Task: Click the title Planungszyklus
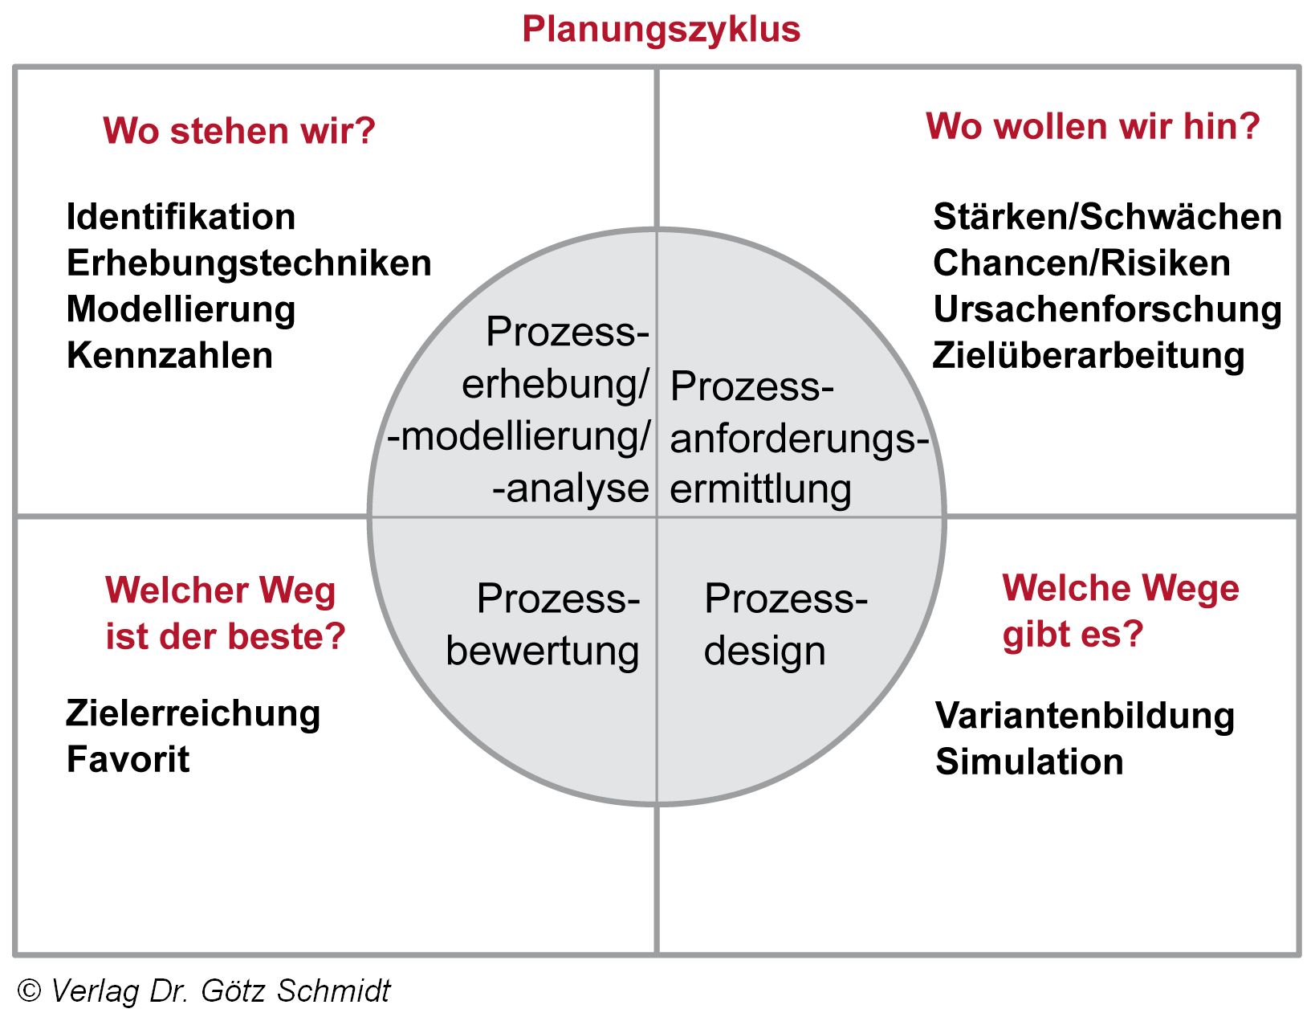point(661,29)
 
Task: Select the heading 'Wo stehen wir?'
point(238,131)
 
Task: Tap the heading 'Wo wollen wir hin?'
point(1093,126)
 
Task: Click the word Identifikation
point(181,217)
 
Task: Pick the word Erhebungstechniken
point(249,263)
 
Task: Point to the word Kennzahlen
point(169,356)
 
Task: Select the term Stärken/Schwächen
point(1107,217)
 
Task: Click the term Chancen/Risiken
point(1081,263)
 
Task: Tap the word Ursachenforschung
point(1107,310)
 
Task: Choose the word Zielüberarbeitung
point(1089,356)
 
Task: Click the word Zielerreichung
point(193,713)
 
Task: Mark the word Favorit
point(128,760)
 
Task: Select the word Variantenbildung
point(1085,716)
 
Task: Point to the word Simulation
point(1029,762)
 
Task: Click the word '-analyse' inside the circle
point(571,488)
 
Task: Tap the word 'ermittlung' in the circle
point(760,489)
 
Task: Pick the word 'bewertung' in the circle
point(543,651)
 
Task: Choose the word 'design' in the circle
point(764,651)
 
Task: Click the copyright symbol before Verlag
point(29,991)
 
